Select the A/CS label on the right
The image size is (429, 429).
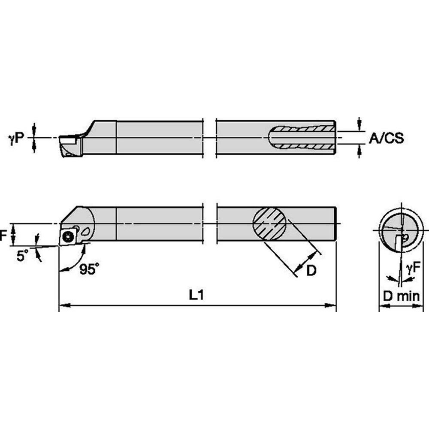(386, 138)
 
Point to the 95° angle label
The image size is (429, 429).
(89, 269)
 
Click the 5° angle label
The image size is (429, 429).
(22, 256)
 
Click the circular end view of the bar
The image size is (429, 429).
(399, 232)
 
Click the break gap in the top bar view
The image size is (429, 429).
(209, 137)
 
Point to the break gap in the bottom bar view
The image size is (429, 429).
(209, 224)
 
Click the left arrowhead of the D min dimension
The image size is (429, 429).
(383, 306)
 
